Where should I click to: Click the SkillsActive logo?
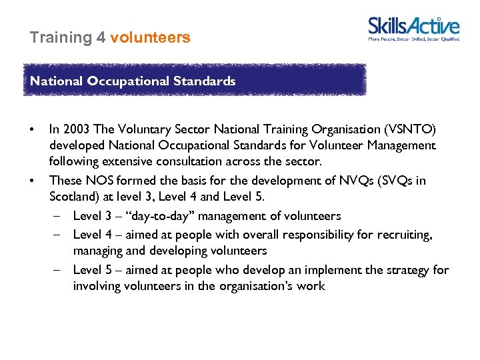(414, 29)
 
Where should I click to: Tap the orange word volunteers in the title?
(150, 37)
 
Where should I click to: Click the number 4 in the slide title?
(101, 37)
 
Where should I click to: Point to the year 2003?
(75, 128)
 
